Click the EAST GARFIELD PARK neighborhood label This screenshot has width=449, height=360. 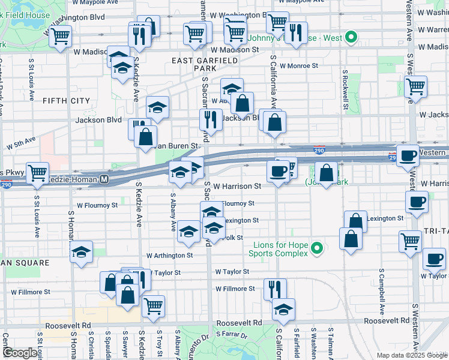(193, 64)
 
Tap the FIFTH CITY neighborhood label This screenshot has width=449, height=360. (66, 101)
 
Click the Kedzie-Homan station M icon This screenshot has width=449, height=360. (104, 179)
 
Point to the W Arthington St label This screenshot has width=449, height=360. (167, 255)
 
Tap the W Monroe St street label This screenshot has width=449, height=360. (294, 66)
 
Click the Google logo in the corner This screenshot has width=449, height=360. (19, 353)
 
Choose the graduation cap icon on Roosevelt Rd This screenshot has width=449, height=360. (283, 309)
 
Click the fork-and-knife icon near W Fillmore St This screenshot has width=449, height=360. (275, 288)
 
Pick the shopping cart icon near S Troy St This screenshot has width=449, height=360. (154, 305)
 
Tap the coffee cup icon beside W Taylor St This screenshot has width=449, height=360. (434, 259)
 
